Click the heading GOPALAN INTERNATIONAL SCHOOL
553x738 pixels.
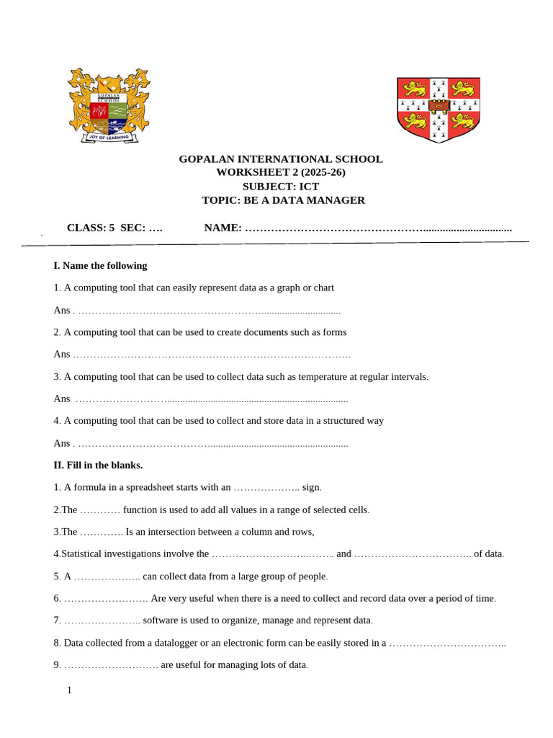point(281,159)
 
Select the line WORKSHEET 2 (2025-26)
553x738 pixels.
point(281,172)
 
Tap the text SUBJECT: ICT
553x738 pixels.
point(281,186)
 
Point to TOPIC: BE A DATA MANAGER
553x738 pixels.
point(283,200)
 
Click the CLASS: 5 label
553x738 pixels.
point(91,228)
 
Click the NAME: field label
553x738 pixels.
point(223,228)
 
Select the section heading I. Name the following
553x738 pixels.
point(100,265)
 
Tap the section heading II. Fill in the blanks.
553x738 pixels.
point(98,465)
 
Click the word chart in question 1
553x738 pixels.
point(323,288)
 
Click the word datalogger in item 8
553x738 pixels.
point(173,642)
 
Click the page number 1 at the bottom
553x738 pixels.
point(69,690)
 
